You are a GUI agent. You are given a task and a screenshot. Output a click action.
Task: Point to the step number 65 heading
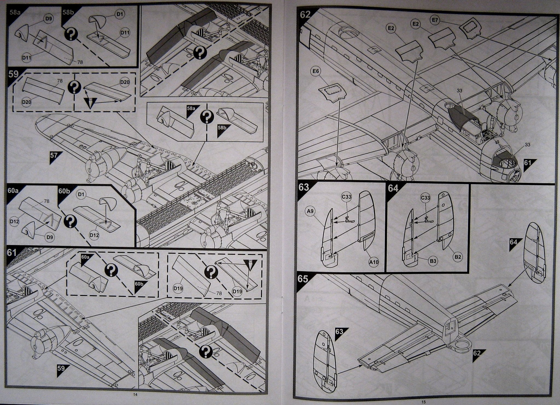tap(304, 279)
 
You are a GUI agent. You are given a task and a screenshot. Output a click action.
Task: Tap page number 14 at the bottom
tap(135, 394)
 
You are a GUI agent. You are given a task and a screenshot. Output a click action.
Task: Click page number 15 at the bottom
tap(423, 402)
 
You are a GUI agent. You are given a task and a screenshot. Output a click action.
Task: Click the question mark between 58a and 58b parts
tap(71, 34)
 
